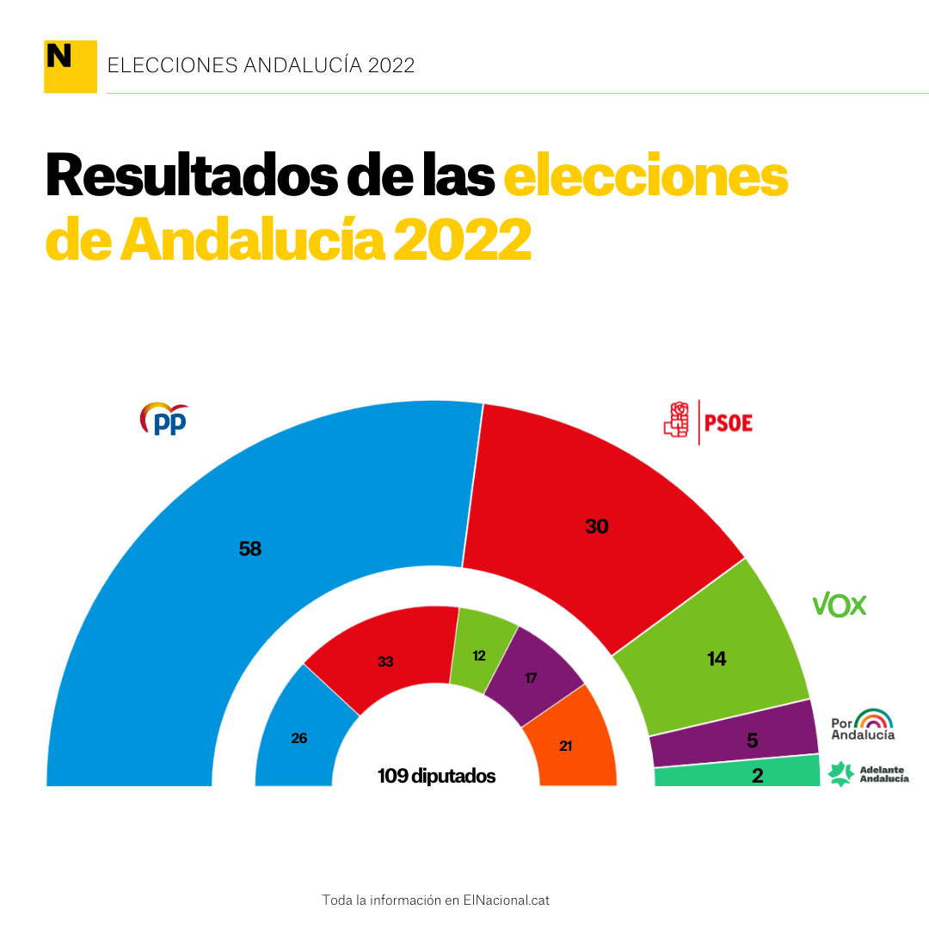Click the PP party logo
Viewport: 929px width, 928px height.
[x=164, y=419]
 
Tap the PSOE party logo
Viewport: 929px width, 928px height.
[x=708, y=421]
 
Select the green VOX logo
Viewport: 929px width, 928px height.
[x=840, y=605]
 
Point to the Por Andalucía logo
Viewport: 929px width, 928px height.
[x=863, y=724]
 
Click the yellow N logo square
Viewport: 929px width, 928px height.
[x=70, y=65]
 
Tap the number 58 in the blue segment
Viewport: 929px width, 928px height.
[x=250, y=549]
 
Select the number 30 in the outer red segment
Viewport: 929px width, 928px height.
[x=596, y=526]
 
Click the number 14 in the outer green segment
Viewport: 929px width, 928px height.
[x=717, y=659]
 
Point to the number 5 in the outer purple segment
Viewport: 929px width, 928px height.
[x=752, y=739]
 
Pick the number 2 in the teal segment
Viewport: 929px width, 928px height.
[x=757, y=776]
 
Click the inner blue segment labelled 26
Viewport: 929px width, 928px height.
[x=299, y=738]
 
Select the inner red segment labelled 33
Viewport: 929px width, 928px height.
[x=385, y=661]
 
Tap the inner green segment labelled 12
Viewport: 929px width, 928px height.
[x=479, y=655]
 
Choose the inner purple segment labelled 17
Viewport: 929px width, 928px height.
[x=531, y=678]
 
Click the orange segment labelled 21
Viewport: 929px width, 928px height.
[x=566, y=746]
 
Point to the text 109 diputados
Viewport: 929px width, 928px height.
[x=436, y=776]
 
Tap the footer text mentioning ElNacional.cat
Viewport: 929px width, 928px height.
[x=435, y=900]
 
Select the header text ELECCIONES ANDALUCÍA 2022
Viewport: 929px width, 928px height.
[x=261, y=65]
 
